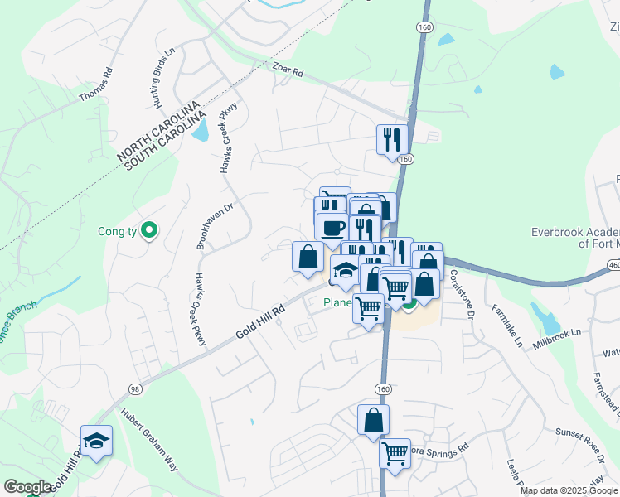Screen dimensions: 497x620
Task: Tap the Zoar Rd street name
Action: tap(288, 73)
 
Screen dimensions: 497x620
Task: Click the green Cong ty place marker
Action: tap(149, 230)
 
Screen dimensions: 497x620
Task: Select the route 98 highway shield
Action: tap(134, 388)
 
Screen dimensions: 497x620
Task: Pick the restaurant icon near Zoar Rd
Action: tap(390, 139)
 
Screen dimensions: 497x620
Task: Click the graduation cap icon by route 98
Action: tap(96, 441)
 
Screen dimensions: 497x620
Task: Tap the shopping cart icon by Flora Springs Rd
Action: tap(395, 455)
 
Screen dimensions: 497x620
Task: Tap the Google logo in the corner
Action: tap(27, 487)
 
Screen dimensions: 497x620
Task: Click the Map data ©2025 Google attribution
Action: tap(568, 490)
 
